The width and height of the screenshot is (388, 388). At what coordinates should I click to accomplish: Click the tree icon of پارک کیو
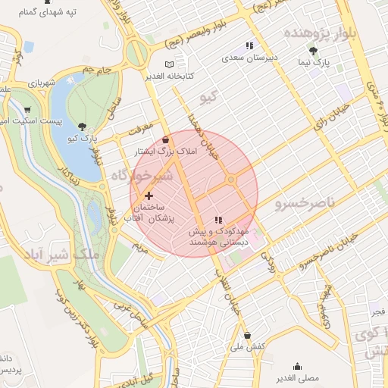click(83, 127)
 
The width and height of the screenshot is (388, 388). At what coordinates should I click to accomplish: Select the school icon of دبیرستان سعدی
click(249, 46)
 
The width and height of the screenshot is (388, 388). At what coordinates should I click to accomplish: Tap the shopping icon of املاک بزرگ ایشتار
click(166, 140)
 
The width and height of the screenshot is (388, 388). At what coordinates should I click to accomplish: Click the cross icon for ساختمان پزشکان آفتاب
click(149, 196)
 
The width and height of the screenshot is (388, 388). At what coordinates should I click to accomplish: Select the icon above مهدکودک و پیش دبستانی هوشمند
click(219, 220)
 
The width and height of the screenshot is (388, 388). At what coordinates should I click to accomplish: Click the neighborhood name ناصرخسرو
click(303, 204)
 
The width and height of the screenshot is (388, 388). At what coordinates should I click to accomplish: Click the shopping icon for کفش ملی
click(247, 335)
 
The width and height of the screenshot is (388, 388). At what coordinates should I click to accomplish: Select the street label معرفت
click(140, 127)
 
